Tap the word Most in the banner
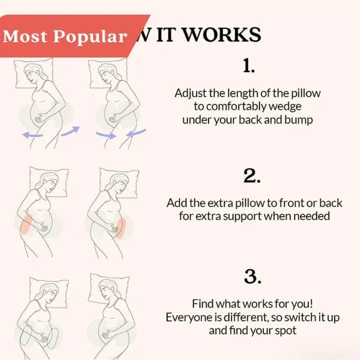tap(25, 37)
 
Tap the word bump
tap(297, 120)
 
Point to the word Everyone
tap(187, 317)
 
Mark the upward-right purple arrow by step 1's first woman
tap(70, 129)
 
